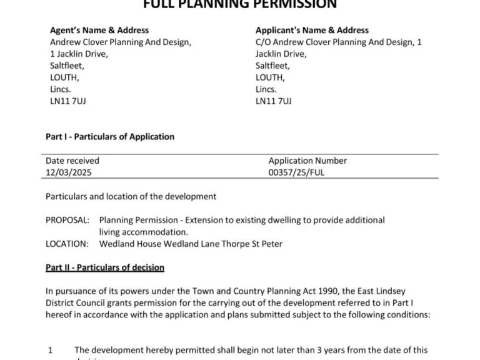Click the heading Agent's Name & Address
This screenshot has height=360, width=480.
coord(99,30)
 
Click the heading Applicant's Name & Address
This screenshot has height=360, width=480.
coord(312,30)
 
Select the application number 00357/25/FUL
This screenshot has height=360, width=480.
coord(296,172)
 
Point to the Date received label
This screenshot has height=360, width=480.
coord(72,161)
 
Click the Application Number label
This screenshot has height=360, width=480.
coord(307,161)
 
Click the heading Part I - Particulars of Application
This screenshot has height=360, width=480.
coord(110,136)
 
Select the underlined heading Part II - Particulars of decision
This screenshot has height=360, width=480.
coord(105,267)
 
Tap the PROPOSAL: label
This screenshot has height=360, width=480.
coord(67,220)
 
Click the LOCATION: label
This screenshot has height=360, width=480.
coord(67,244)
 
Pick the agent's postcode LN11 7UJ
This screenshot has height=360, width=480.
coord(67,101)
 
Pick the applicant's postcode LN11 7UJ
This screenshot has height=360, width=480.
coord(273,101)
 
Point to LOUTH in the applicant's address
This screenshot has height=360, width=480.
coord(270,77)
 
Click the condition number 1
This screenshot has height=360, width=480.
coord(51,351)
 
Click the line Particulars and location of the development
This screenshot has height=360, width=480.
coord(131,196)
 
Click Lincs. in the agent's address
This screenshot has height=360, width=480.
coord(61,89)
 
